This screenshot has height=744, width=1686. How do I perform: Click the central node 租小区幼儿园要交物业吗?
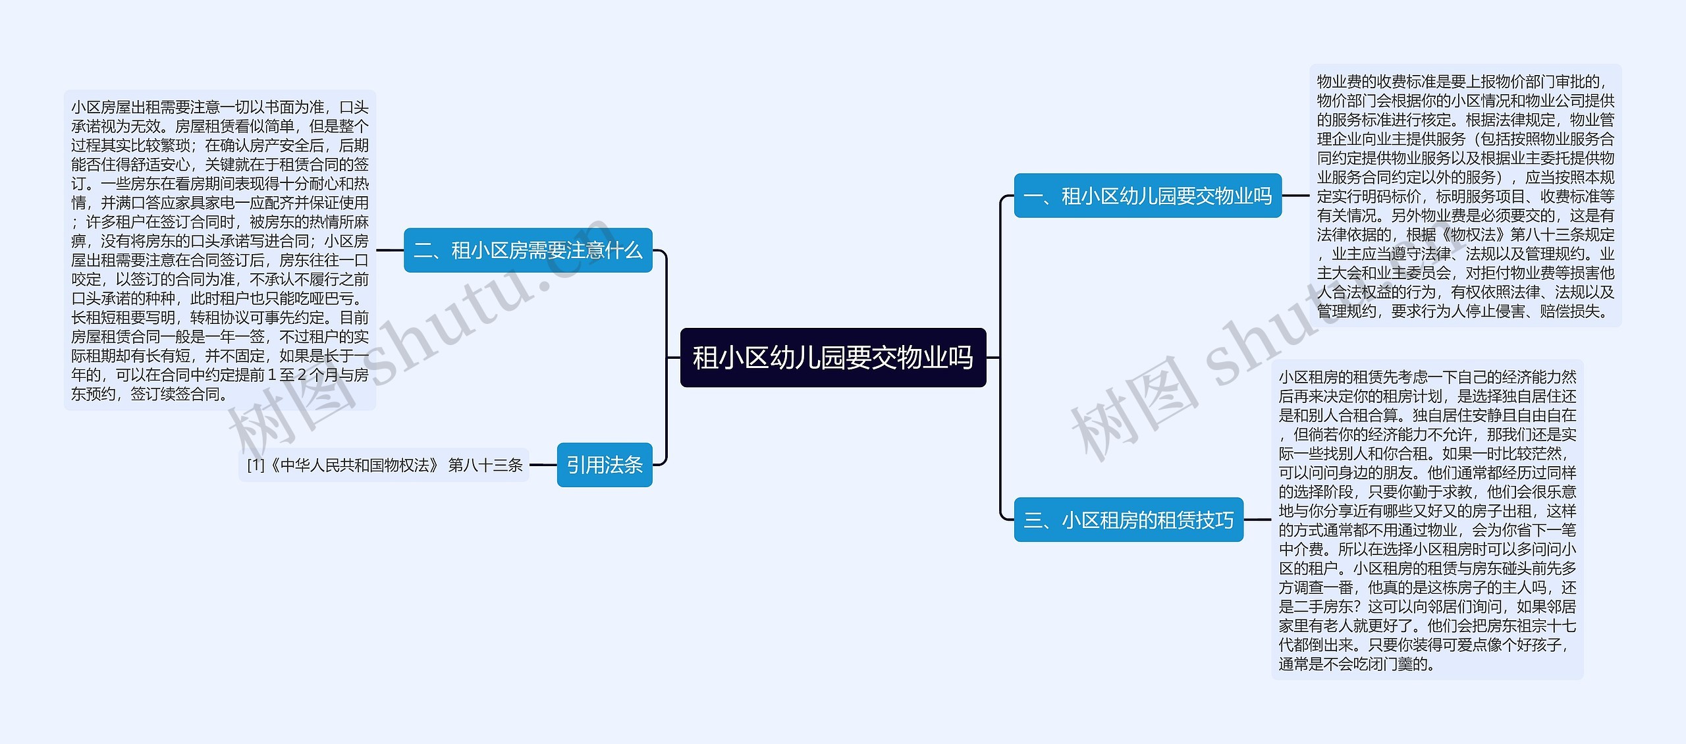[x=832, y=358]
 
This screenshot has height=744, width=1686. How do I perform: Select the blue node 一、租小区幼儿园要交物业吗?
[x=1147, y=196]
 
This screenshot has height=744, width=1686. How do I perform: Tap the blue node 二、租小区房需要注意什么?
[x=528, y=250]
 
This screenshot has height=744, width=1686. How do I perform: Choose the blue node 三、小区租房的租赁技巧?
[x=1128, y=520]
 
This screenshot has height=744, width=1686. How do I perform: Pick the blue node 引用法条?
[x=604, y=465]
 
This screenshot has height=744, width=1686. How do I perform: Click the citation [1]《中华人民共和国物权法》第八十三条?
[x=384, y=465]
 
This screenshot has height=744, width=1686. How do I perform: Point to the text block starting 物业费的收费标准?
[x=1465, y=196]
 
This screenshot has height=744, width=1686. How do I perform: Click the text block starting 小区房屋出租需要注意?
[x=220, y=250]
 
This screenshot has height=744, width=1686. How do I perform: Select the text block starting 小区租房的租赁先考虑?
[x=1427, y=520]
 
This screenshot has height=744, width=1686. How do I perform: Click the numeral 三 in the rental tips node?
[x=1033, y=521]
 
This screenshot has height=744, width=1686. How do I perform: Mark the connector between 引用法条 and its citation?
[x=543, y=465]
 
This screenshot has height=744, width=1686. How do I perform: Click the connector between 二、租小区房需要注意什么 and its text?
[x=390, y=250]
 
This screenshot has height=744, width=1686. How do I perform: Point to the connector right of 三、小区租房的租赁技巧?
[x=1257, y=520]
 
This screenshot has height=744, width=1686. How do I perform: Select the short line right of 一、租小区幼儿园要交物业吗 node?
[x=1295, y=196]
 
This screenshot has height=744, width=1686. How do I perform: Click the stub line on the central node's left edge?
[x=673, y=358]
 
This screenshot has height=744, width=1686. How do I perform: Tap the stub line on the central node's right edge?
[x=993, y=358]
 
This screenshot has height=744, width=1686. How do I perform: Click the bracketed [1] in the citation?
[x=256, y=465]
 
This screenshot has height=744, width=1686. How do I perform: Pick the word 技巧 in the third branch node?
[x=1214, y=521]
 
